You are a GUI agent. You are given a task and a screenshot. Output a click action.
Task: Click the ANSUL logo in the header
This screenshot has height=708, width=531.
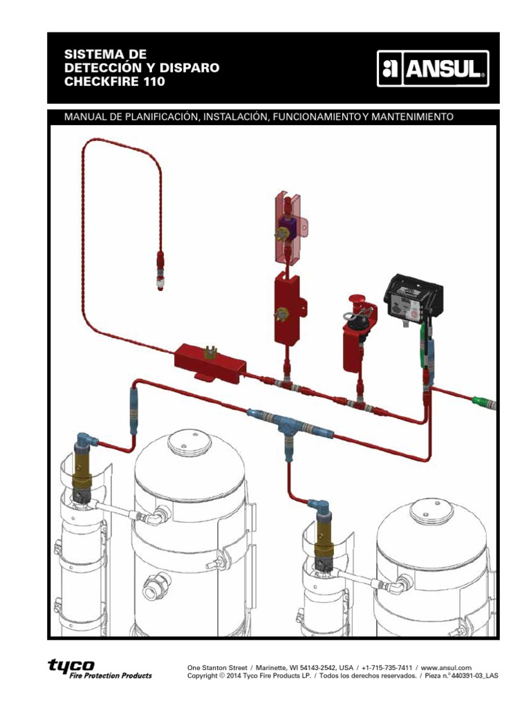432,69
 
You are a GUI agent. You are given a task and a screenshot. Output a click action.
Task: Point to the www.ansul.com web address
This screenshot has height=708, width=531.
446,667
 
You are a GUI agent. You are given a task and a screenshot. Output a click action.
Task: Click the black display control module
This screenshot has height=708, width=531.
413,297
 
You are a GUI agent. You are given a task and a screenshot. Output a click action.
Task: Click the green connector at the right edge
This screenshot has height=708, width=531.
483,400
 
